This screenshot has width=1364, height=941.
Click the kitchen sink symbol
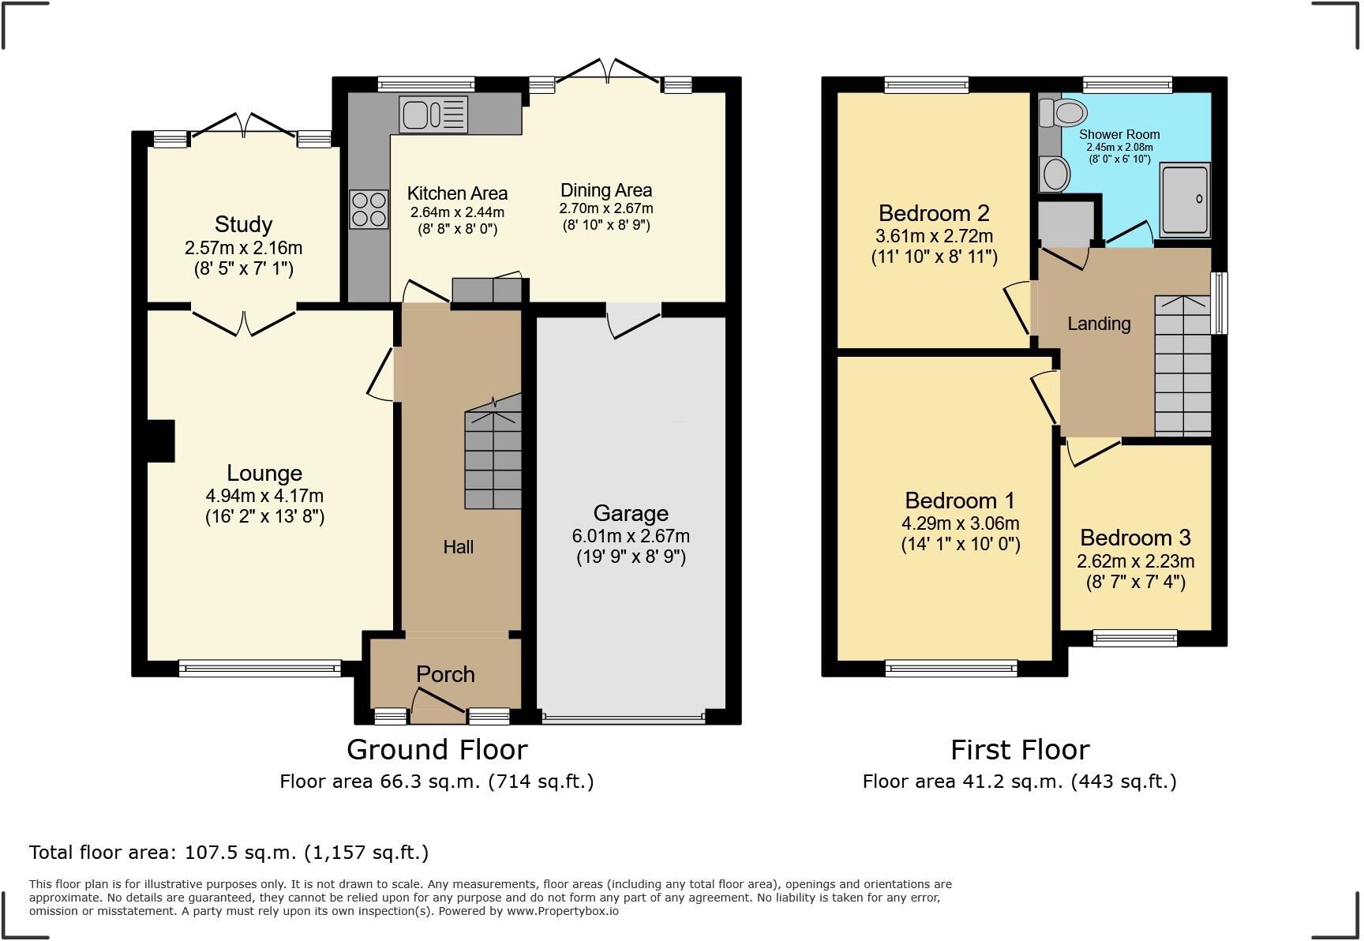[x=433, y=114]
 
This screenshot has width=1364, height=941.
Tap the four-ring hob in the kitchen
[x=369, y=209]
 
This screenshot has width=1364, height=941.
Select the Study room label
[x=243, y=224]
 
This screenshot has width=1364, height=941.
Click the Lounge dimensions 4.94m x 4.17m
[x=264, y=496]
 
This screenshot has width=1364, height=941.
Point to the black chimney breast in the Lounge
[x=161, y=441]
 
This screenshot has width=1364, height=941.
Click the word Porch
[x=445, y=674]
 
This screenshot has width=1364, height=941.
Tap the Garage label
[x=631, y=513]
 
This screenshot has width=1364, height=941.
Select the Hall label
[x=458, y=547]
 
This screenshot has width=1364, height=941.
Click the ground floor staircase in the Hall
[x=493, y=458]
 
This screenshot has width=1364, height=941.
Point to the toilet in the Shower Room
[x=1064, y=113]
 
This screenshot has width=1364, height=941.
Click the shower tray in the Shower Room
[x=1185, y=200]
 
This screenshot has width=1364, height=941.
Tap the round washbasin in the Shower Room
[x=1055, y=174]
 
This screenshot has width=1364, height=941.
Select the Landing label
[x=1099, y=324]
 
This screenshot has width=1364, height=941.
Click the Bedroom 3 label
[x=1135, y=538]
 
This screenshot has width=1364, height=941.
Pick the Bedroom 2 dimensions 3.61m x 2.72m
[x=934, y=236]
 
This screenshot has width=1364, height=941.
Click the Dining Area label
[x=606, y=190]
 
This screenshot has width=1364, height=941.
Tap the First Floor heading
[x=1020, y=749]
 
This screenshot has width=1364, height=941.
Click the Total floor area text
[x=229, y=853]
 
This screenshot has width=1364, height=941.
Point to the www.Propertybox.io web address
[x=562, y=911]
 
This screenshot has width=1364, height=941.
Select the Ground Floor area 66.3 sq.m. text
[x=437, y=782]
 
